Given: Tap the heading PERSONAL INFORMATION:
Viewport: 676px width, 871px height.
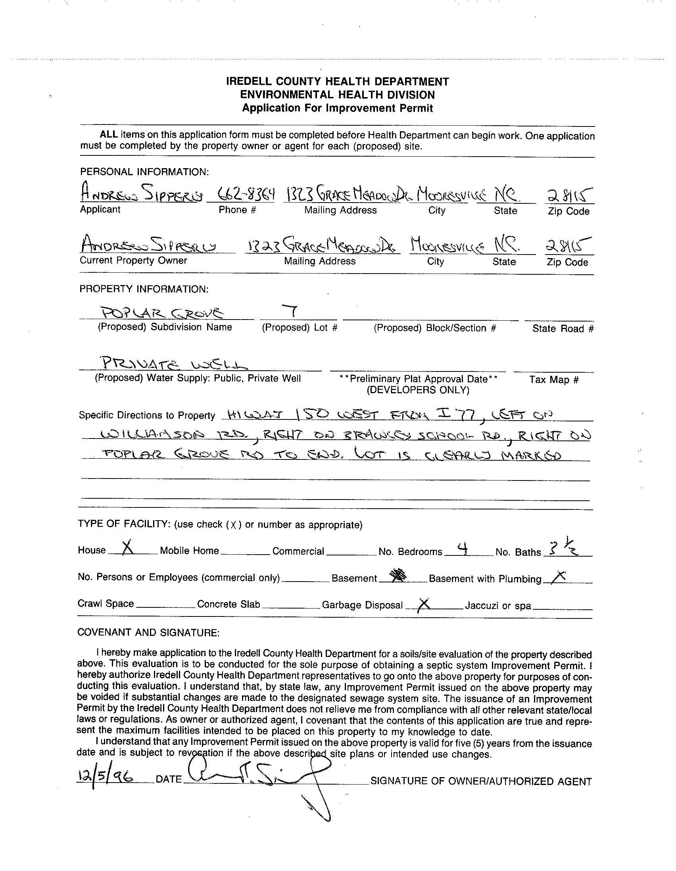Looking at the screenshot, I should (x=144, y=172).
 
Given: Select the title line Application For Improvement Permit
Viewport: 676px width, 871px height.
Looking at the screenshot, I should (x=337, y=108).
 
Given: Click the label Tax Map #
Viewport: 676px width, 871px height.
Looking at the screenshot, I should (x=553, y=379).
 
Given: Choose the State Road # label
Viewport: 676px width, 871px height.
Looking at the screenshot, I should (x=563, y=329).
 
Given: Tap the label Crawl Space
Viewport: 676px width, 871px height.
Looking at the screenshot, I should (x=106, y=603).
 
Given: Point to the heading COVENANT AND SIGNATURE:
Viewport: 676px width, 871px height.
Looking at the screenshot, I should (x=148, y=633).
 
